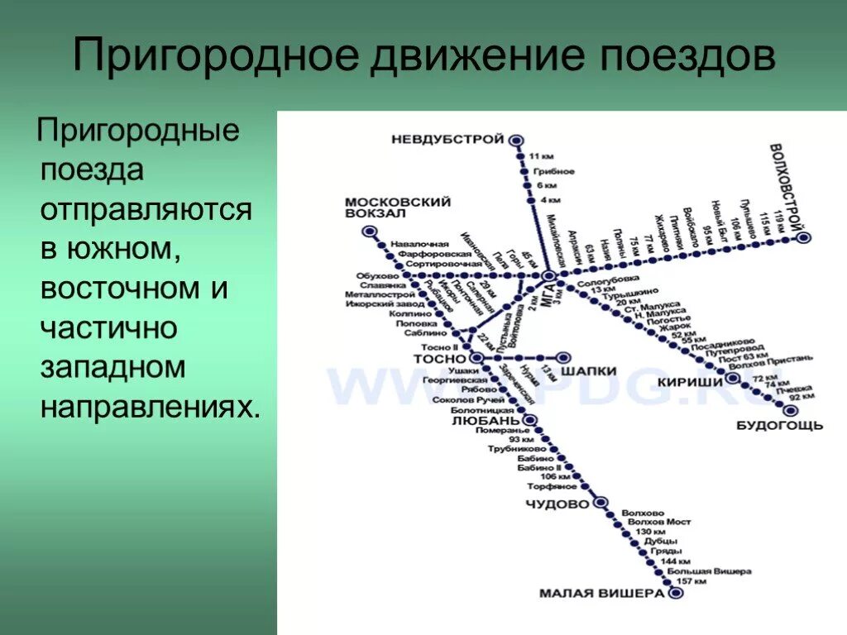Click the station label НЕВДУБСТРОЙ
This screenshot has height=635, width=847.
coord(447,140)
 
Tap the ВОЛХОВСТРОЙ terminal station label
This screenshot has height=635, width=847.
coord(789,187)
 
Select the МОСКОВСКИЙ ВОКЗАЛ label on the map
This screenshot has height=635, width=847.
coord(398,207)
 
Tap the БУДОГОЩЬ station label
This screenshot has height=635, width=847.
coord(779,425)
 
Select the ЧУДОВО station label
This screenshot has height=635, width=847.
coord(557,504)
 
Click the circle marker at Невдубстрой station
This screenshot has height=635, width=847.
coord(517,141)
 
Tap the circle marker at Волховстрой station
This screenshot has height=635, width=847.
coord(803,237)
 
